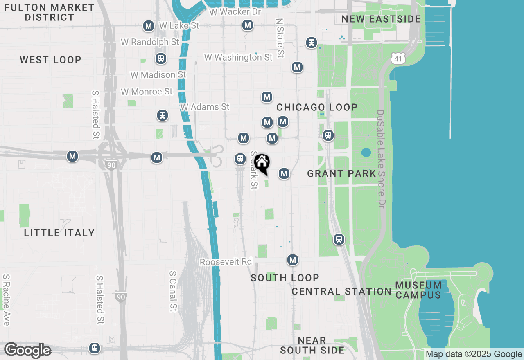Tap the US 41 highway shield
[398, 58]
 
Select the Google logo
[27, 351]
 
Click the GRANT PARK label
[341, 173]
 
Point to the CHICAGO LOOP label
[317, 107]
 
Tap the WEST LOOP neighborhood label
[51, 60]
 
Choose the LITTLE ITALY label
[59, 233]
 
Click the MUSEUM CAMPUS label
[419, 290]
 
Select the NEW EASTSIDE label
[381, 19]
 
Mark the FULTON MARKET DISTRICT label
[50, 12]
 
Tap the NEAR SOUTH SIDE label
[312, 345]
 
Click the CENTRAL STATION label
[341, 291]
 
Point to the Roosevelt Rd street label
[226, 261]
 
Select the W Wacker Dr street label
[235, 11]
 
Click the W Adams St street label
[205, 107]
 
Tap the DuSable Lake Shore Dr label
[381, 159]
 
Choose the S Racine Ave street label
[6, 300]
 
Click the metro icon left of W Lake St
[148, 26]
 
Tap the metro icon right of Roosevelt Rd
[292, 260]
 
